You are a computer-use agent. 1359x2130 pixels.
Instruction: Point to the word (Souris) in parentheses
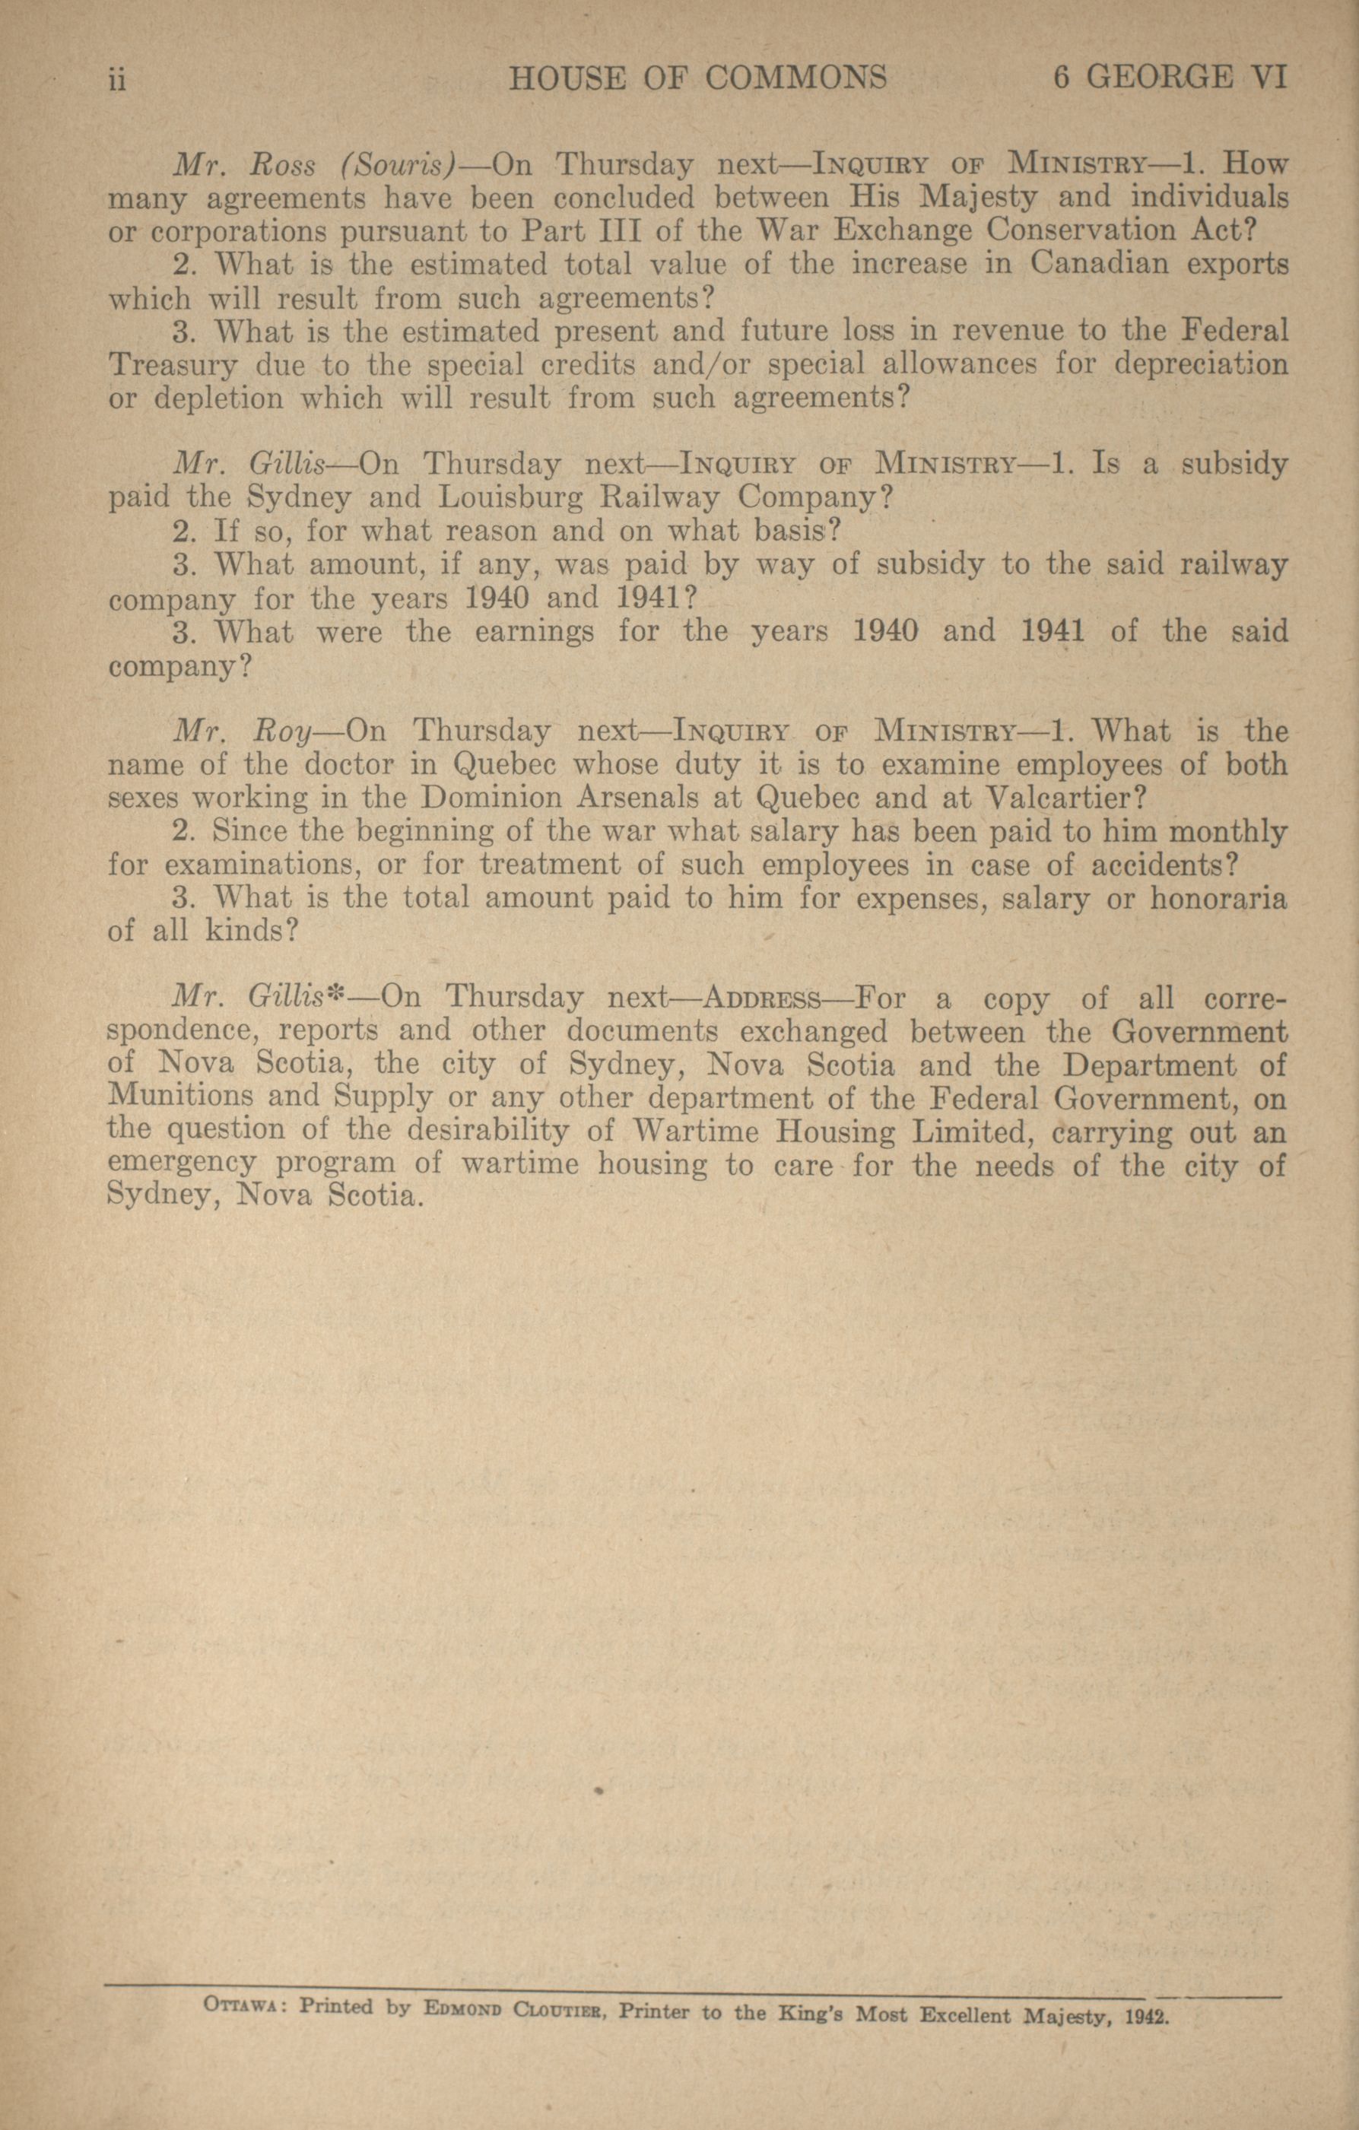click(x=396, y=166)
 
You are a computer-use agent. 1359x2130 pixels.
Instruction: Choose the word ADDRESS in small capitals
click(x=761, y=999)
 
